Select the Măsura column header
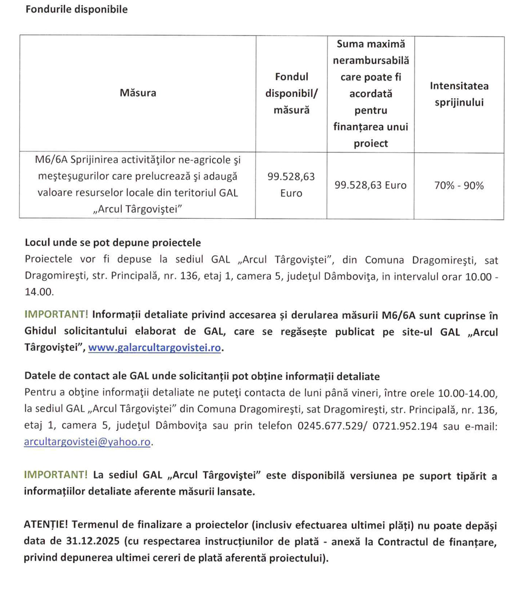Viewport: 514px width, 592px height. [x=138, y=93]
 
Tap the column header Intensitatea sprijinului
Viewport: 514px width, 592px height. [x=459, y=94]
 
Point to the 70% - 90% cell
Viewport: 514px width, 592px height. [x=459, y=185]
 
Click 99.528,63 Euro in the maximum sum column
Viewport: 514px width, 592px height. [x=370, y=185]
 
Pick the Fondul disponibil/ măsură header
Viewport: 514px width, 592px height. [x=291, y=93]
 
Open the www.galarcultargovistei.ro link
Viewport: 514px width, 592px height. [x=155, y=348]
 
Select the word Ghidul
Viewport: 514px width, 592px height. [x=41, y=332]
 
